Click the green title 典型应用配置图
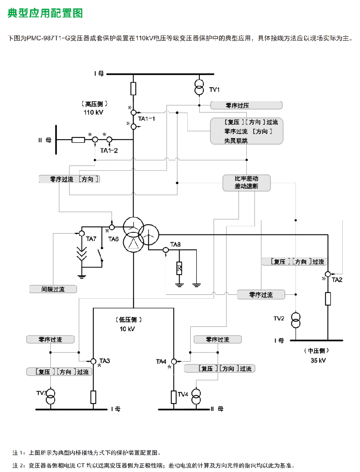click(x=45, y=13)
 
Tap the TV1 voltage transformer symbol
click(x=199, y=87)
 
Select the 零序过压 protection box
click(x=246, y=105)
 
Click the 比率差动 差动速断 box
click(x=247, y=183)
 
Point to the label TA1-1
click(x=146, y=119)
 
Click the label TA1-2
click(x=109, y=150)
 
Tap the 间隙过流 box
click(x=53, y=289)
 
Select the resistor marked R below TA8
click(x=179, y=268)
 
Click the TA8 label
click(x=175, y=244)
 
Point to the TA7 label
click(x=91, y=239)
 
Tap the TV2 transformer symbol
click(x=296, y=320)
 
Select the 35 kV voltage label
click(x=318, y=360)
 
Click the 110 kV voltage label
click(x=93, y=112)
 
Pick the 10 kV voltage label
click(x=127, y=329)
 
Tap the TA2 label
click(x=337, y=280)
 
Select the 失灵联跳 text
click(x=236, y=141)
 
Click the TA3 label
click(x=105, y=361)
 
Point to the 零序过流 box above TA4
click(x=218, y=340)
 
